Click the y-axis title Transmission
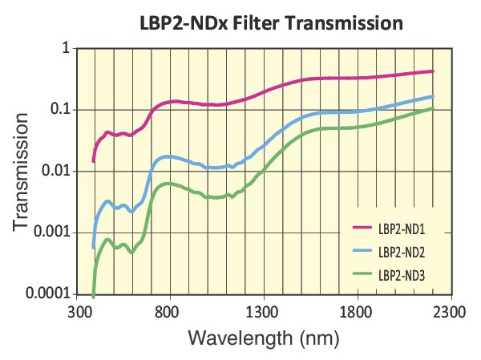coord(23,171)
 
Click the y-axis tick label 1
coord(65,49)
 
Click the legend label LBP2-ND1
coord(401,229)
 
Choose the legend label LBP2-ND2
coord(401,251)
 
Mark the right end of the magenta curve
coord(432,71)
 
